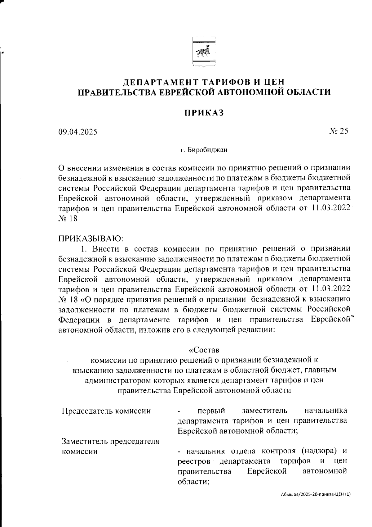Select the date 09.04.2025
(77, 132)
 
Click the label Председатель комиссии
(106, 411)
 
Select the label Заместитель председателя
(110, 441)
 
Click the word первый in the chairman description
(211, 411)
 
